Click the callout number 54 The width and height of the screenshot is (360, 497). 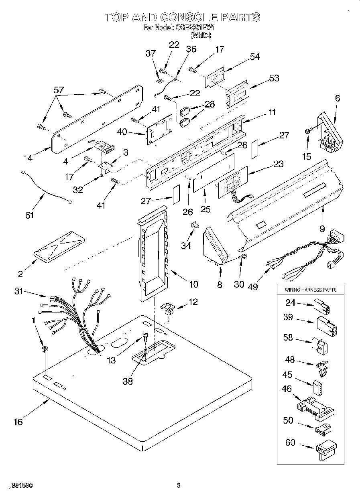[x=255, y=57]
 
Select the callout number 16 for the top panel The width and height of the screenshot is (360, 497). [x=18, y=422]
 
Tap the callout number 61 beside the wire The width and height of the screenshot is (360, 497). [x=29, y=215]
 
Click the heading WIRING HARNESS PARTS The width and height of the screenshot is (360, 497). [x=310, y=290]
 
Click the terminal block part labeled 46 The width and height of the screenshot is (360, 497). [x=315, y=406]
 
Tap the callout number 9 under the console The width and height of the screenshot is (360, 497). [x=322, y=229]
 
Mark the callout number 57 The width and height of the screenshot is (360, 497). [x=59, y=90]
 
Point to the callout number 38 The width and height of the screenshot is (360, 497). [x=127, y=381]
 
